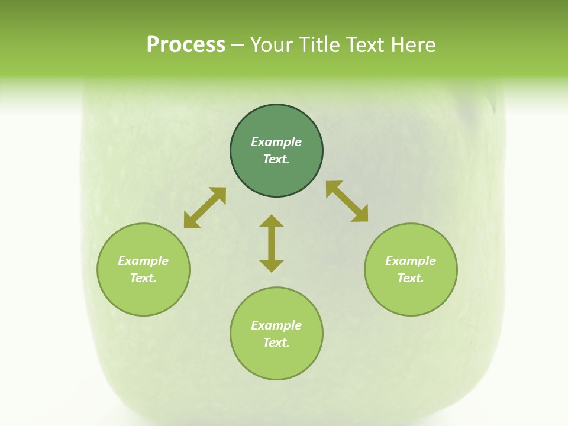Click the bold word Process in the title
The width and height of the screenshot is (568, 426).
(x=186, y=45)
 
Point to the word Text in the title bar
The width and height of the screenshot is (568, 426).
(x=370, y=45)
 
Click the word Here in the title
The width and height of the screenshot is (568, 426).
(x=417, y=45)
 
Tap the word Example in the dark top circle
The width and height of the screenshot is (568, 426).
(x=276, y=142)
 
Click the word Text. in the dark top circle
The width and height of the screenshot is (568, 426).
(x=276, y=159)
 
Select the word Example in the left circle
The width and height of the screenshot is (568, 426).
(x=143, y=261)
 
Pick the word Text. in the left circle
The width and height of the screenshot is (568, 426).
(x=143, y=278)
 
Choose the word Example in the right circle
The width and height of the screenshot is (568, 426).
(x=410, y=261)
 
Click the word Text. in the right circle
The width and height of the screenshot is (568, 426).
(x=410, y=278)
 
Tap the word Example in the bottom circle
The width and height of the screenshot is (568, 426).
(x=276, y=325)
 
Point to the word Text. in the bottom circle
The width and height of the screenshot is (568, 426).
(x=276, y=343)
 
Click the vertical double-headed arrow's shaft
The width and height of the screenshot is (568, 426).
(x=272, y=243)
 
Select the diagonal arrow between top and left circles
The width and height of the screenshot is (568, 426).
(x=205, y=208)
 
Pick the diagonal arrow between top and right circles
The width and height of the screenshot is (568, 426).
(x=347, y=201)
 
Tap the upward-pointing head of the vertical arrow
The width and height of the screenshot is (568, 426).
(x=272, y=221)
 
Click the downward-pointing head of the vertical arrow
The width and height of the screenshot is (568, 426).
(x=272, y=266)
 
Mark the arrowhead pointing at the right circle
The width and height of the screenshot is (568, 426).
(x=360, y=215)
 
